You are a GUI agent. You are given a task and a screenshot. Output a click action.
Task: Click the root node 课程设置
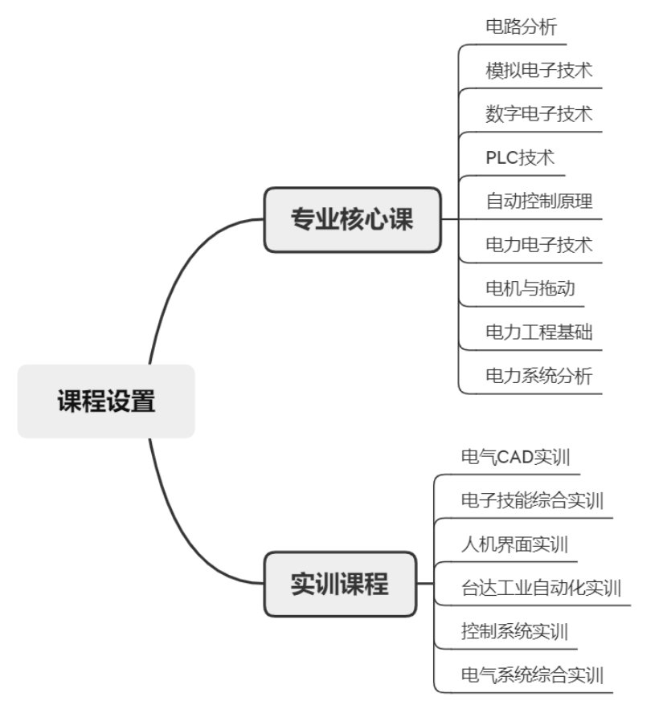pos(106,401)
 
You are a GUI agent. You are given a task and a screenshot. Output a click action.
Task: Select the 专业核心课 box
pos(353,219)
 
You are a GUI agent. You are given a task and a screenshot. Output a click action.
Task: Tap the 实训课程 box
pos(340,584)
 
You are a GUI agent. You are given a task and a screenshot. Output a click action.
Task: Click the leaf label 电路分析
pos(520,26)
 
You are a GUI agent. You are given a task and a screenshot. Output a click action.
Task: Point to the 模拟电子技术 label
pos(538,70)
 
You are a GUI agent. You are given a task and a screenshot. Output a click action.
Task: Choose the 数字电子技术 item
pos(538,113)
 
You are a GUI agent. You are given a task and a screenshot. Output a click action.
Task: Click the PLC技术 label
pos(520,157)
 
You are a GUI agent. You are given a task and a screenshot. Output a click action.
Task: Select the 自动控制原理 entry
pos(538,201)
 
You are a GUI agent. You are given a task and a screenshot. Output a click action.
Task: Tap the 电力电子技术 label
pos(538,244)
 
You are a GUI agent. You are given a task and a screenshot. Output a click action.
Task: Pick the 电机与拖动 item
pos(530,287)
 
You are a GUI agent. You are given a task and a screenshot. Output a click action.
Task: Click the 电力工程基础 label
pos(538,331)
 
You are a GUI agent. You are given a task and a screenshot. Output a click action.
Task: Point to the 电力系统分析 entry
pos(538,375)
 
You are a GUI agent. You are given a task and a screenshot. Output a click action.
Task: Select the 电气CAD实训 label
pos(515,458)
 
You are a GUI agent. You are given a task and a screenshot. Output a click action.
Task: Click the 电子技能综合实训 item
pos(532,501)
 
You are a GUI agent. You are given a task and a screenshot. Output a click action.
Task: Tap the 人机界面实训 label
pos(514,544)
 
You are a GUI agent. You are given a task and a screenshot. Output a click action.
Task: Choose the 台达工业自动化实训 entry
pos(541,588)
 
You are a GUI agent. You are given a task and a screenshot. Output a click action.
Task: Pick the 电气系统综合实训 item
pos(532,674)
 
